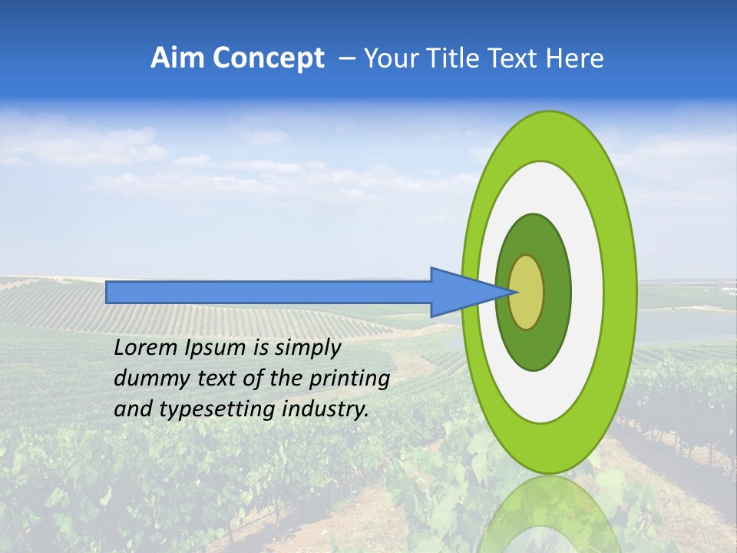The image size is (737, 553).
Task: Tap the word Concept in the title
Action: point(269,58)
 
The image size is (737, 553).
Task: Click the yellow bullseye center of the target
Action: point(527,292)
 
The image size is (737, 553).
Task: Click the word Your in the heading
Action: point(389,58)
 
